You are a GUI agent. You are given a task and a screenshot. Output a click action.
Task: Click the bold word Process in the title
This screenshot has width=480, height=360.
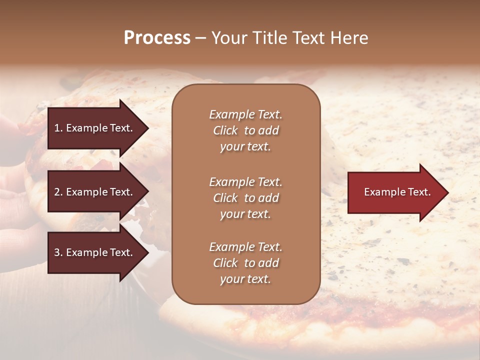click(157, 38)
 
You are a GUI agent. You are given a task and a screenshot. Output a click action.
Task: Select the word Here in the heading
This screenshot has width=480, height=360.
click(348, 38)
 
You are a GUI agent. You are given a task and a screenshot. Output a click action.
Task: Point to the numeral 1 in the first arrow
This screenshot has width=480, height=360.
click(57, 128)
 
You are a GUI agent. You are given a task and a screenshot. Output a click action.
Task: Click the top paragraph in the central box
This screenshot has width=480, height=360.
click(245, 130)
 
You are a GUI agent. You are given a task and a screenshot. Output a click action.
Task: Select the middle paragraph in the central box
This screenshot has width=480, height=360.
click(245, 198)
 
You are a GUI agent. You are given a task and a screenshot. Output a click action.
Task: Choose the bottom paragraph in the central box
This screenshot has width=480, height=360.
click(245, 263)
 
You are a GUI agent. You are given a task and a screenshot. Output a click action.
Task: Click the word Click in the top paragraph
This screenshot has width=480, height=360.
click(225, 130)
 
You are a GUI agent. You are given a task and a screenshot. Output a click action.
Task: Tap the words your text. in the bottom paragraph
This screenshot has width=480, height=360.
click(245, 279)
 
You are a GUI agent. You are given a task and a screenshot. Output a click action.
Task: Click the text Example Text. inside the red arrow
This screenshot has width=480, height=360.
click(397, 192)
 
